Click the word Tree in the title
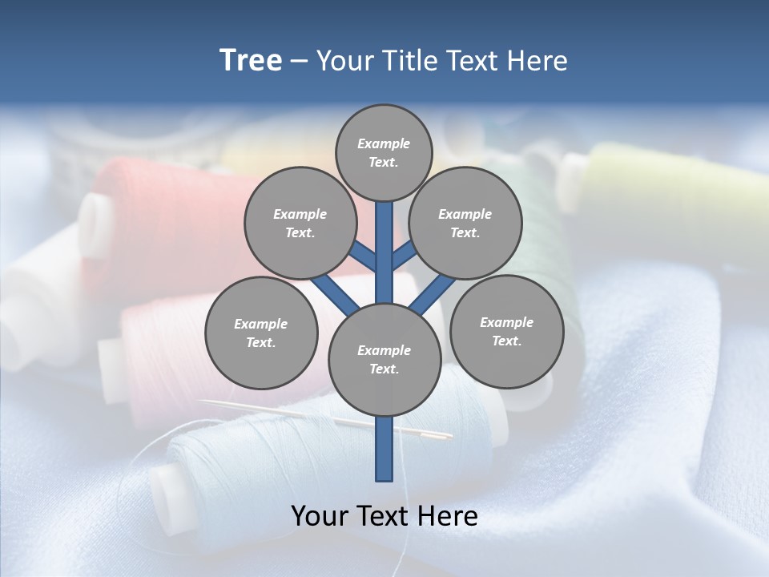tap(251, 61)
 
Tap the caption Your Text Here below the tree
tap(384, 516)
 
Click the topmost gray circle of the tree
tap(384, 152)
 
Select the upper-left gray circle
tap(300, 224)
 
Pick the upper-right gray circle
tap(465, 224)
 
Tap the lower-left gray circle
tap(261, 333)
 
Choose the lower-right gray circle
tap(506, 331)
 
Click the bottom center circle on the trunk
tap(384, 360)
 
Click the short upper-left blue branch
tap(363, 256)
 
